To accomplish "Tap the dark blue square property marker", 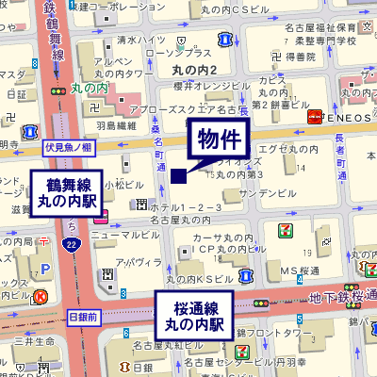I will click(x=179, y=174).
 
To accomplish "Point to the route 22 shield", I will click(x=72, y=245).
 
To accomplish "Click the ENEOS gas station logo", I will click(x=315, y=116).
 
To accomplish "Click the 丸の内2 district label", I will click(x=195, y=71).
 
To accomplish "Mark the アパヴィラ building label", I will click(x=132, y=260).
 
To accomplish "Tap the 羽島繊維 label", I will click(x=116, y=123).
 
